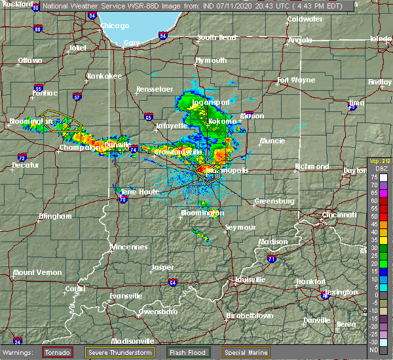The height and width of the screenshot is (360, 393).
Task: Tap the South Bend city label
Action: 216,37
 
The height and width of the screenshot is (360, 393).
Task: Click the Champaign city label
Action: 78,148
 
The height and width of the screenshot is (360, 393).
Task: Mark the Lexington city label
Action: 345,292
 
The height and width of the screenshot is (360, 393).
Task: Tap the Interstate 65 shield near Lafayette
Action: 149,117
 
